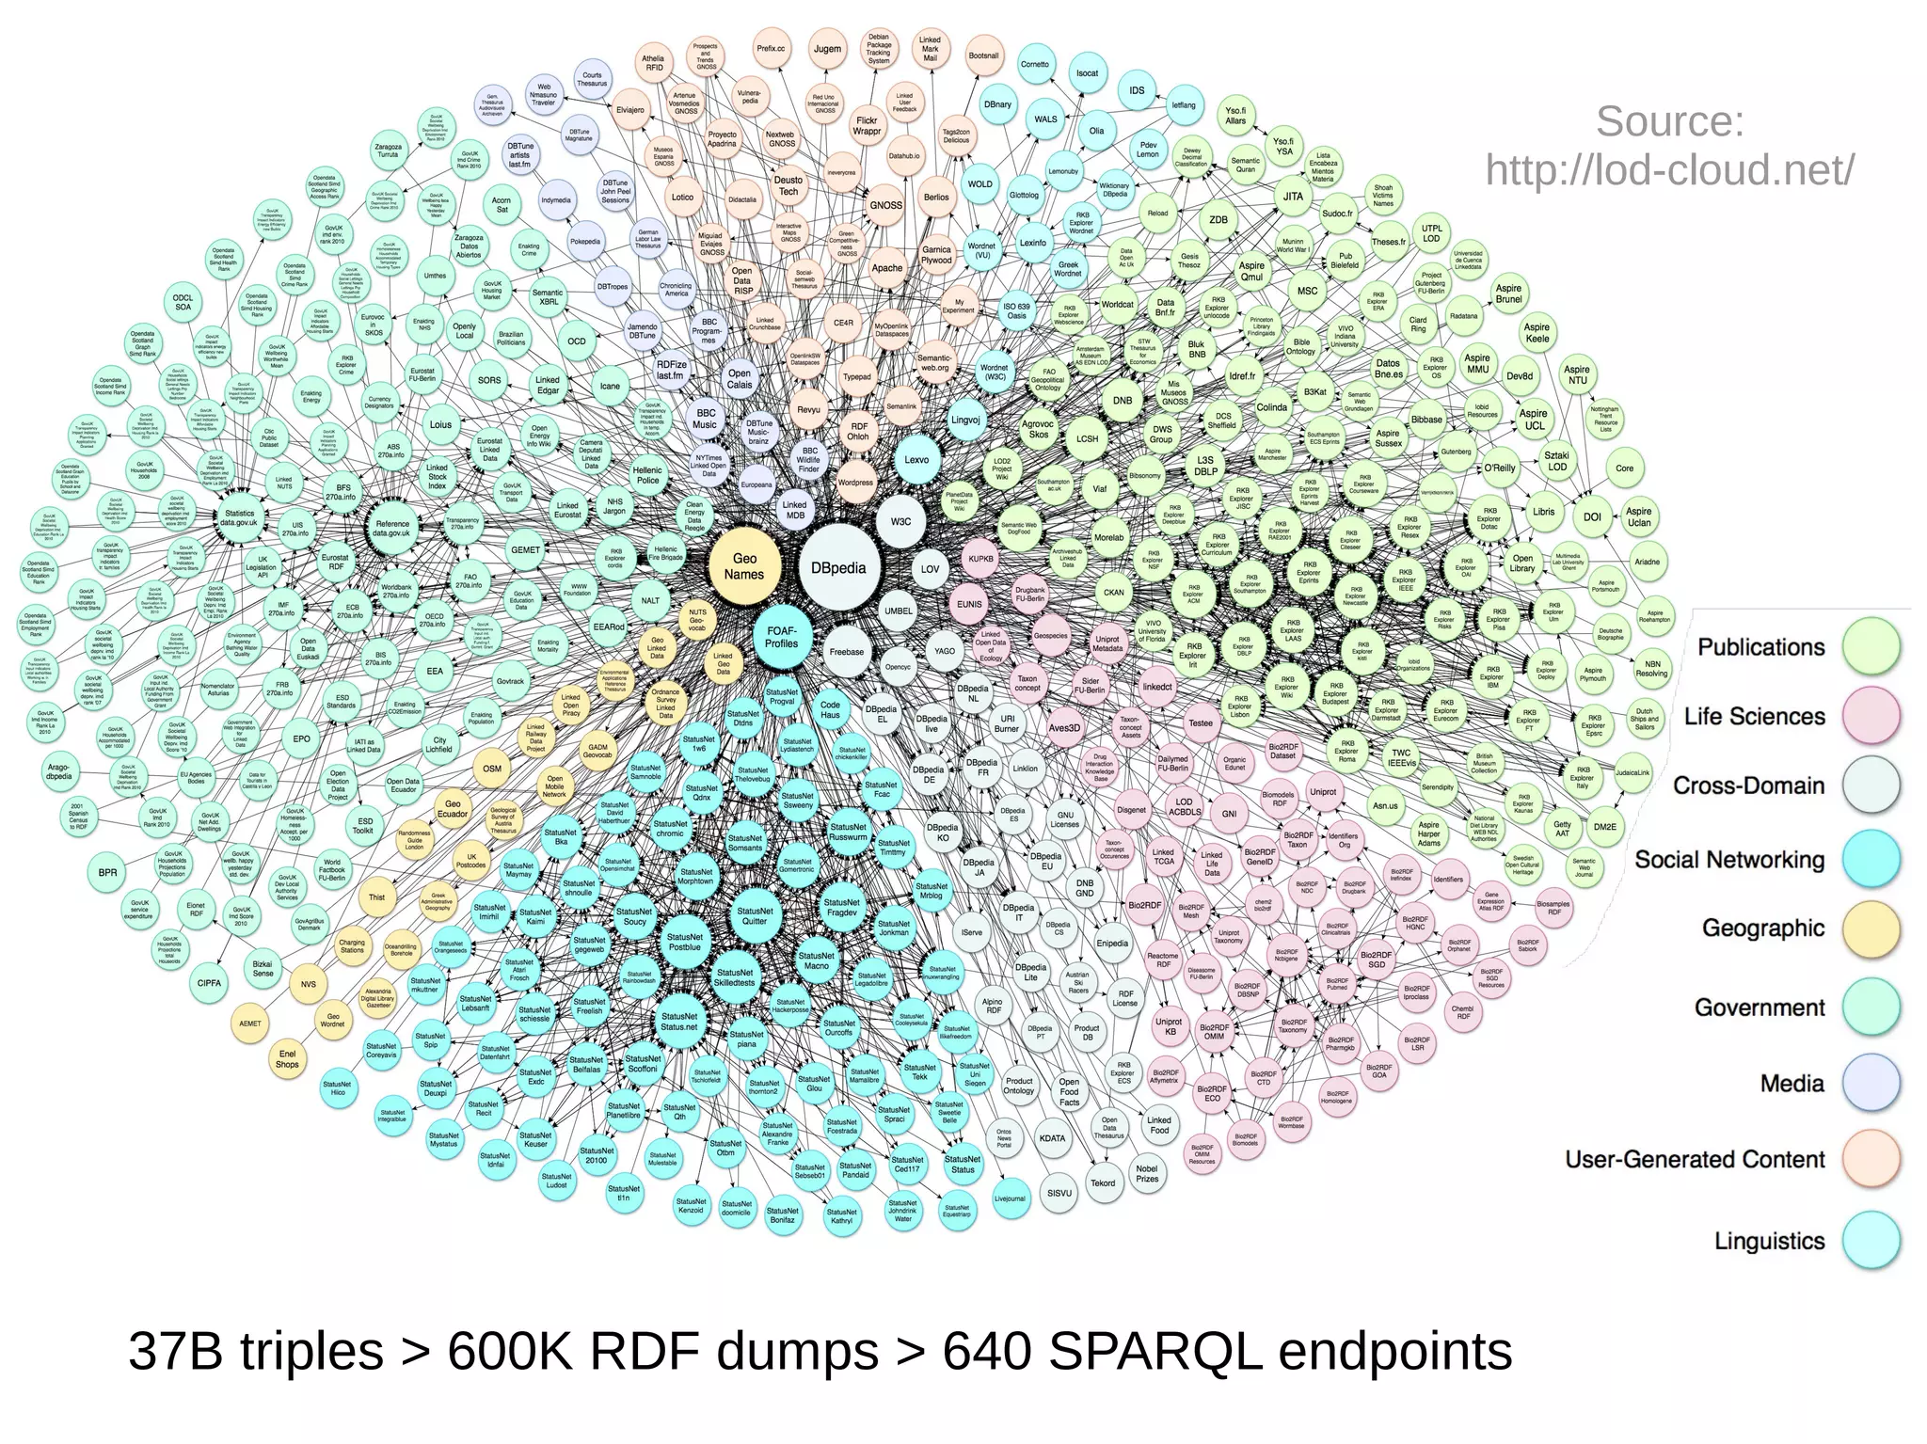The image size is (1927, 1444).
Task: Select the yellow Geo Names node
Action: (744, 566)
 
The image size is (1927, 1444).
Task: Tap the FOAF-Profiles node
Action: (781, 637)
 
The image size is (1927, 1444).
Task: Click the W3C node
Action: (900, 521)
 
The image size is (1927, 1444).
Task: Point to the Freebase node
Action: (846, 651)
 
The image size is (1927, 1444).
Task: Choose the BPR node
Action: (108, 872)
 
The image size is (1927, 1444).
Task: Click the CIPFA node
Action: (209, 983)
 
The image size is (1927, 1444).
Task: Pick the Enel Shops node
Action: (287, 1059)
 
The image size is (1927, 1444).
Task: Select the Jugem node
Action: (827, 49)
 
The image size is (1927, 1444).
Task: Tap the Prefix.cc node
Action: (771, 48)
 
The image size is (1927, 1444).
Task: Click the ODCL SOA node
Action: (183, 302)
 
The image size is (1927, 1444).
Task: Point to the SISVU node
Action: (1059, 1192)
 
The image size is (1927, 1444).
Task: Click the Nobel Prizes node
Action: (1147, 1173)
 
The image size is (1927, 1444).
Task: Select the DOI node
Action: (1592, 516)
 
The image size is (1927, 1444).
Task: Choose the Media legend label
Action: (1792, 1084)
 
